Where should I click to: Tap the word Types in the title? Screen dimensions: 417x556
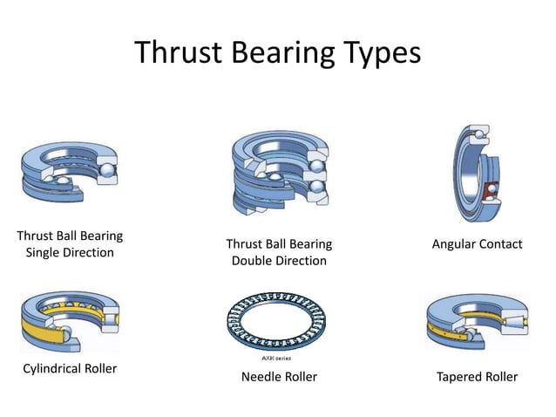(376, 54)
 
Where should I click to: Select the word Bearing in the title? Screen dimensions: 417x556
(280, 54)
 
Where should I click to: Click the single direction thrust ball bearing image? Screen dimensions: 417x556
(68, 171)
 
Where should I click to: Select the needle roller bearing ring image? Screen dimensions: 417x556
(277, 323)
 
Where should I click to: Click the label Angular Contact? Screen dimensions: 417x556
(477, 244)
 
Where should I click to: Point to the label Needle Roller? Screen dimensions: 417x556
(278, 377)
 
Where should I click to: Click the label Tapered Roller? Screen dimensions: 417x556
(476, 377)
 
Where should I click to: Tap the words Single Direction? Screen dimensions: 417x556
(70, 253)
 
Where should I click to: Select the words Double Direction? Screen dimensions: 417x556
(278, 261)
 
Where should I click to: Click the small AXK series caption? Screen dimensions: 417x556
(277, 358)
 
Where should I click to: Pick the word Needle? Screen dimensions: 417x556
(260, 377)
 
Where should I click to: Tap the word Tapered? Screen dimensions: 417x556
(458, 377)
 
